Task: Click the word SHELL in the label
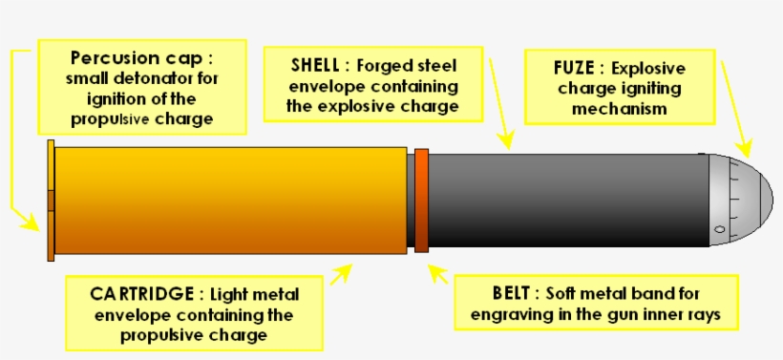click(x=314, y=68)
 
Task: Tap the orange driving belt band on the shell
click(x=421, y=201)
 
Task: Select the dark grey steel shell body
click(x=563, y=201)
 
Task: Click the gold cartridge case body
click(x=229, y=201)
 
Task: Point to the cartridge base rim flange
click(x=51, y=201)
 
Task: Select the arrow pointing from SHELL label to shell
click(x=500, y=105)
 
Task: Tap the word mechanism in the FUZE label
click(x=618, y=109)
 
